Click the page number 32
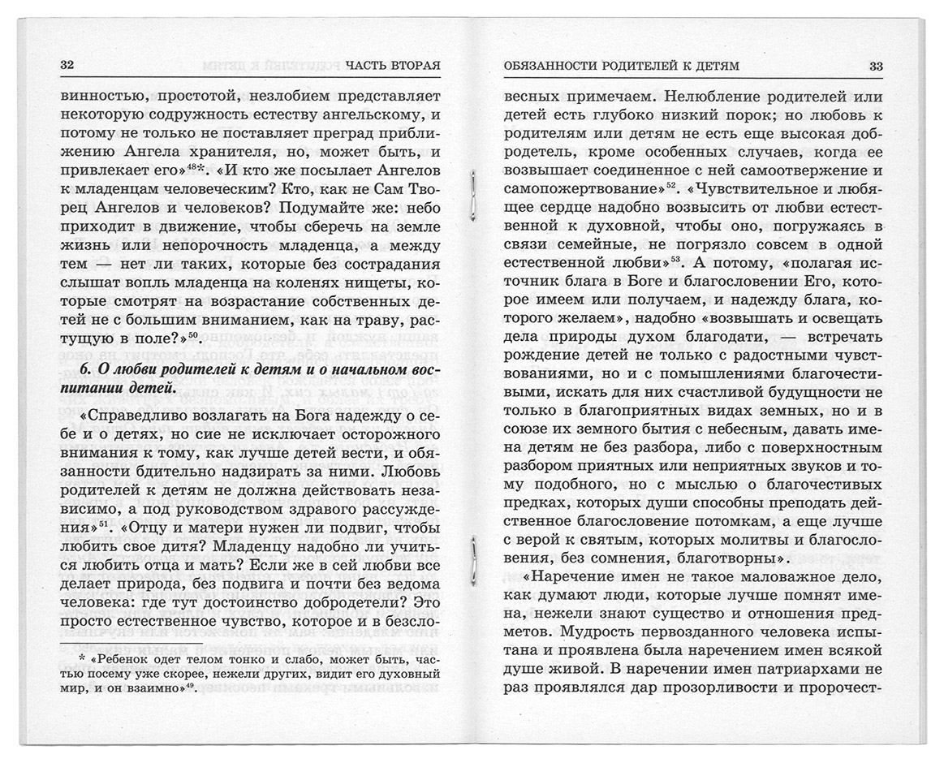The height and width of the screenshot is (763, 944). tap(68, 66)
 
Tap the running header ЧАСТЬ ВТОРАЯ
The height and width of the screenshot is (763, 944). tap(392, 66)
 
